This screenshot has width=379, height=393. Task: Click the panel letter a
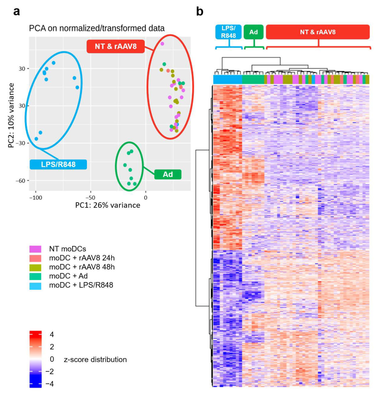click(16, 12)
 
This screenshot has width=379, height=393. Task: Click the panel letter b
click(200, 12)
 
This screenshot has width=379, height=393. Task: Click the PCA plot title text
click(97, 28)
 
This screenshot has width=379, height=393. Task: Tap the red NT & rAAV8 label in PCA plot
click(115, 46)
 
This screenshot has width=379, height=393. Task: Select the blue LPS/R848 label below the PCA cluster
click(58, 164)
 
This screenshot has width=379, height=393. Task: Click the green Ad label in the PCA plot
click(168, 174)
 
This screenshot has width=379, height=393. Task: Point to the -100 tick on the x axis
click(36, 197)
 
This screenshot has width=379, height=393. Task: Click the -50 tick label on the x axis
click(90, 197)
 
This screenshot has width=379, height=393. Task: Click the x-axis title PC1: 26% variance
click(107, 205)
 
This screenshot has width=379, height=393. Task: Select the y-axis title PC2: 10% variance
click(11, 115)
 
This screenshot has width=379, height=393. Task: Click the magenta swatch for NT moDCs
click(35, 249)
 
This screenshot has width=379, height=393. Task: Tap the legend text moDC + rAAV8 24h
click(82, 258)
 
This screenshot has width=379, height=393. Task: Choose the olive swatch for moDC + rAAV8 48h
click(35, 268)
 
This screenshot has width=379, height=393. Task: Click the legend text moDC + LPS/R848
click(81, 285)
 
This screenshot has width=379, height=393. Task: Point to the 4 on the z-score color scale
click(51, 334)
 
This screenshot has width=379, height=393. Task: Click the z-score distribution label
click(95, 359)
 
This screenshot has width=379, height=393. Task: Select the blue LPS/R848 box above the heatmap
click(228, 32)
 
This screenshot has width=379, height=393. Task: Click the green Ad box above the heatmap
click(254, 32)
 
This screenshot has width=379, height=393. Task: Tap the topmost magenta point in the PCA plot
click(162, 44)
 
